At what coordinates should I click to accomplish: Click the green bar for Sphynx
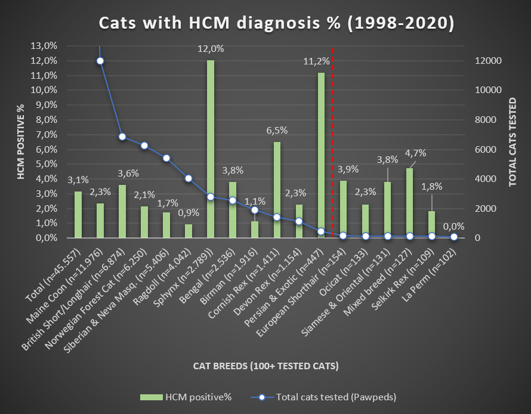[211, 149]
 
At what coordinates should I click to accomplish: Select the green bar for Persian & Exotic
[321, 155]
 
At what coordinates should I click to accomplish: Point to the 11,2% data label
[316, 61]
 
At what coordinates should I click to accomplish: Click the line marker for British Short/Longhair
[122, 137]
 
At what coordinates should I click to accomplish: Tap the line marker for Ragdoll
[189, 178]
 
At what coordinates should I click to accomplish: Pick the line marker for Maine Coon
[100, 61]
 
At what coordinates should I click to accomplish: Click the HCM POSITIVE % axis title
[20, 142]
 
